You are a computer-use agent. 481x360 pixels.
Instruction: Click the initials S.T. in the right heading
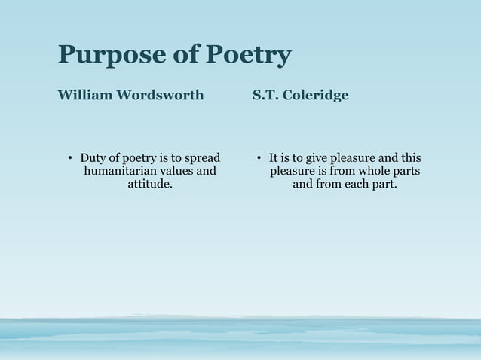click(x=265, y=96)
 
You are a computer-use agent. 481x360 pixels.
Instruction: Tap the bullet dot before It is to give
click(x=258, y=159)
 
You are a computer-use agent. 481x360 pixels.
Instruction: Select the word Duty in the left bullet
click(x=93, y=158)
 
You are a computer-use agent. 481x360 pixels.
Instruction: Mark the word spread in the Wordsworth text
click(x=201, y=158)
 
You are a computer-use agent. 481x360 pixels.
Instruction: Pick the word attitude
click(x=149, y=184)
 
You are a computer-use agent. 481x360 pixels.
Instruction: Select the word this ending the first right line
click(x=410, y=158)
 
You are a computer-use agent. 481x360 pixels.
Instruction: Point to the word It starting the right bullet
click(x=274, y=158)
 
